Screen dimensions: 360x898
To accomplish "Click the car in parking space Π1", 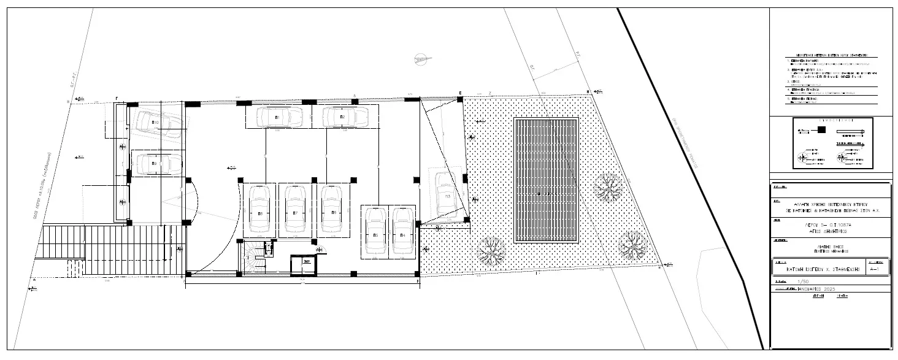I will [x=278, y=116].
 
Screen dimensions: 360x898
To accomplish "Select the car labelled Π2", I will [x=344, y=116].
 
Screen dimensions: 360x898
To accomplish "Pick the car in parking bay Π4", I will [x=402, y=230].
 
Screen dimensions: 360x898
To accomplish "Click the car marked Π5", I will [x=374, y=230].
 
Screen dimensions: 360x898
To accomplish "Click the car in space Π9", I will [x=158, y=164].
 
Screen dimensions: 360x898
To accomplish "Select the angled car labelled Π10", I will [x=158, y=124].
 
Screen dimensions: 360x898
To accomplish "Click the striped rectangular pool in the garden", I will [x=545, y=180].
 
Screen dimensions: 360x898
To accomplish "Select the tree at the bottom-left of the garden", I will [x=491, y=250].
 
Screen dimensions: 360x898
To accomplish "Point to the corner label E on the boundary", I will [x=459, y=93].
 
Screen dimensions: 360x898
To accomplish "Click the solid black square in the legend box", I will [x=822, y=130].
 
